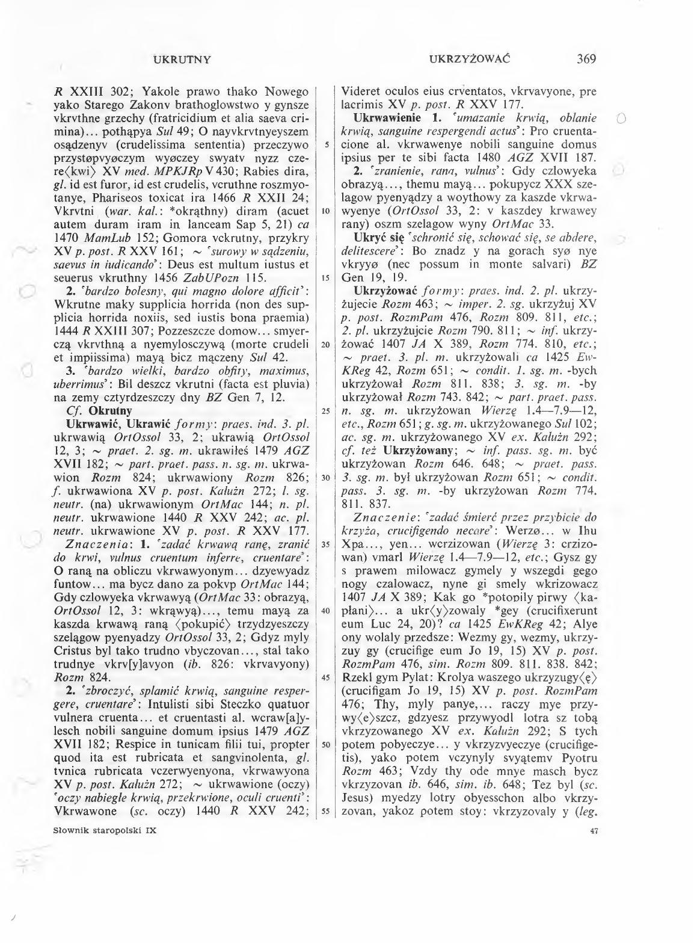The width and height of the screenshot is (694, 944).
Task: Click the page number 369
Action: click(x=585, y=59)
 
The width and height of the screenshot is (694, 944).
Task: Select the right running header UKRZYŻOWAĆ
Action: click(x=470, y=59)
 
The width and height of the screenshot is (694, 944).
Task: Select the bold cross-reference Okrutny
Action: click(x=110, y=411)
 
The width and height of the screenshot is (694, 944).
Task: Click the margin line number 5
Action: click(x=325, y=145)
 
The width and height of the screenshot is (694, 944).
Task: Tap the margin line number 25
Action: click(x=325, y=411)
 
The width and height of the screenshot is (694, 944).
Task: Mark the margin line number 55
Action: click(x=325, y=810)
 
